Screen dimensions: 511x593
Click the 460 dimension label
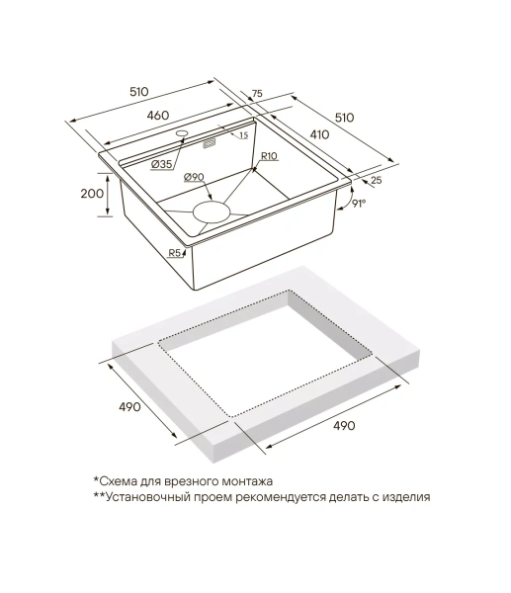[157, 115]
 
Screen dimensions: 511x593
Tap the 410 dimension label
[319, 134]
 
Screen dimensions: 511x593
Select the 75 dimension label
[257, 94]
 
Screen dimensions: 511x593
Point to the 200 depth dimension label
[92, 194]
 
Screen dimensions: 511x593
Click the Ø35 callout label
[161, 164]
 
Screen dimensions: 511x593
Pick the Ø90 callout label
[194, 177]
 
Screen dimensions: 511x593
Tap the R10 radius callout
[269, 156]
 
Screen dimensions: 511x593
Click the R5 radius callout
[174, 253]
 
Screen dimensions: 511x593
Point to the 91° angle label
[359, 204]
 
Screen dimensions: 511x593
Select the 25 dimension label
[376, 181]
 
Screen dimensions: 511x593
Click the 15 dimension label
[243, 135]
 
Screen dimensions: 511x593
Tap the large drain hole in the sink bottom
[212, 212]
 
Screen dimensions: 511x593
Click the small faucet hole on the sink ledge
[182, 133]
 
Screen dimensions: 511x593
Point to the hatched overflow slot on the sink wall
[210, 144]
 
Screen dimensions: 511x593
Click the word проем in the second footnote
[213, 497]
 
